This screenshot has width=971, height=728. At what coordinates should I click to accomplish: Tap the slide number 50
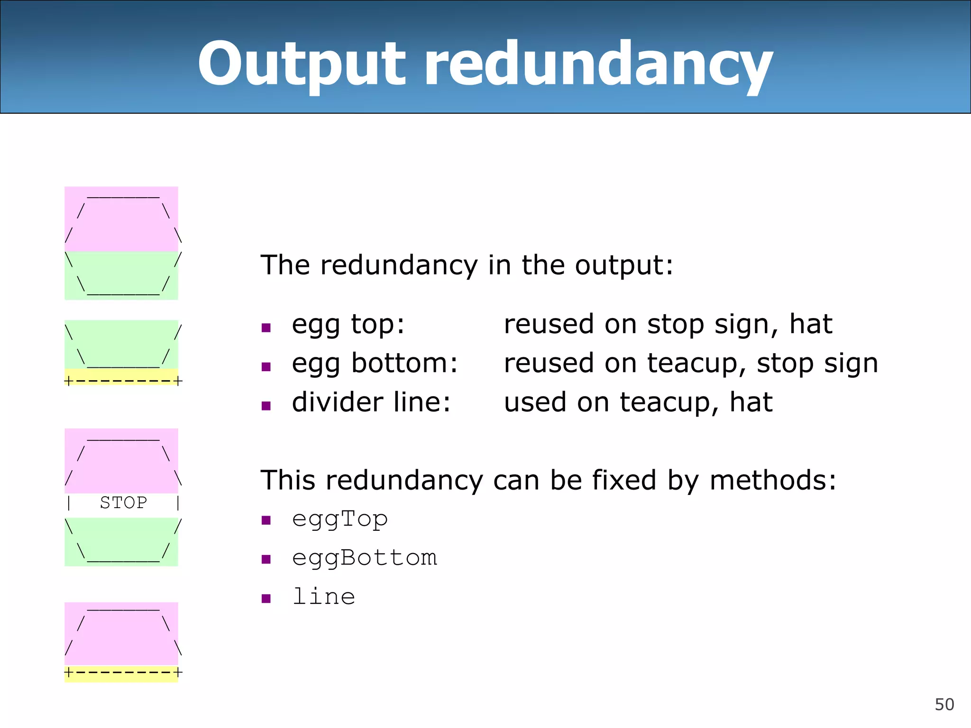944,704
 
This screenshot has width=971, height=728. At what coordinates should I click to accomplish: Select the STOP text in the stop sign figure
123,502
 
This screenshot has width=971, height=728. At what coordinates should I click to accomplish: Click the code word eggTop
340,519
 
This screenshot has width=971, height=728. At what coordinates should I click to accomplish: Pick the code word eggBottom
364,558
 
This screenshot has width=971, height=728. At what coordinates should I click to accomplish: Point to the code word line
324,597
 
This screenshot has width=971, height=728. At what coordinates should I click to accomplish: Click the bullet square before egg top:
266,328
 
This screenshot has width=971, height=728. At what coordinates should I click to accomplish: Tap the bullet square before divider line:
266,405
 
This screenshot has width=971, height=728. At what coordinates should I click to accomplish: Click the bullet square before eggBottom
266,559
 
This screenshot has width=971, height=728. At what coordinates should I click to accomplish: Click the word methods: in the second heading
773,480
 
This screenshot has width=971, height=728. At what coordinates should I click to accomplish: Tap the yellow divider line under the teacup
122,377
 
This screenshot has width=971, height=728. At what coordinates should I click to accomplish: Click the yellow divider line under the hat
122,673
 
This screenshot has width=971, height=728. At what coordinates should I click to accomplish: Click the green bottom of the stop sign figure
121,541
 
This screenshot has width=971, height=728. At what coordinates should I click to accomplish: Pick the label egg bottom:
375,364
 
